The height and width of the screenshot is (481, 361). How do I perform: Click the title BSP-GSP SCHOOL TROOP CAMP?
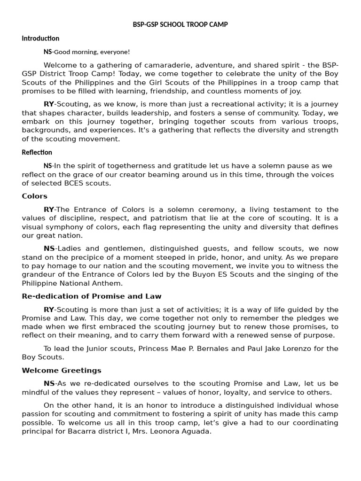pyautogui.click(x=180, y=24)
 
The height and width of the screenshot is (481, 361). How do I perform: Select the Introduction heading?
pyautogui.click(x=40, y=39)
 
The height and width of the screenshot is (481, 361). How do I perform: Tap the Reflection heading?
pyautogui.click(x=37, y=152)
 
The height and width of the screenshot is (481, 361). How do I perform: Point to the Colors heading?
pyautogui.click(x=35, y=196)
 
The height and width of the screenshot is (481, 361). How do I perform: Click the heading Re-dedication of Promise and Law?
pyautogui.click(x=92, y=296)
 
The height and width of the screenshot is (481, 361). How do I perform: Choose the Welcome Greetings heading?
pyautogui.click(x=62, y=370)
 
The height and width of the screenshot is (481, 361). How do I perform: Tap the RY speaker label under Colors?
pyautogui.click(x=49, y=209)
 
